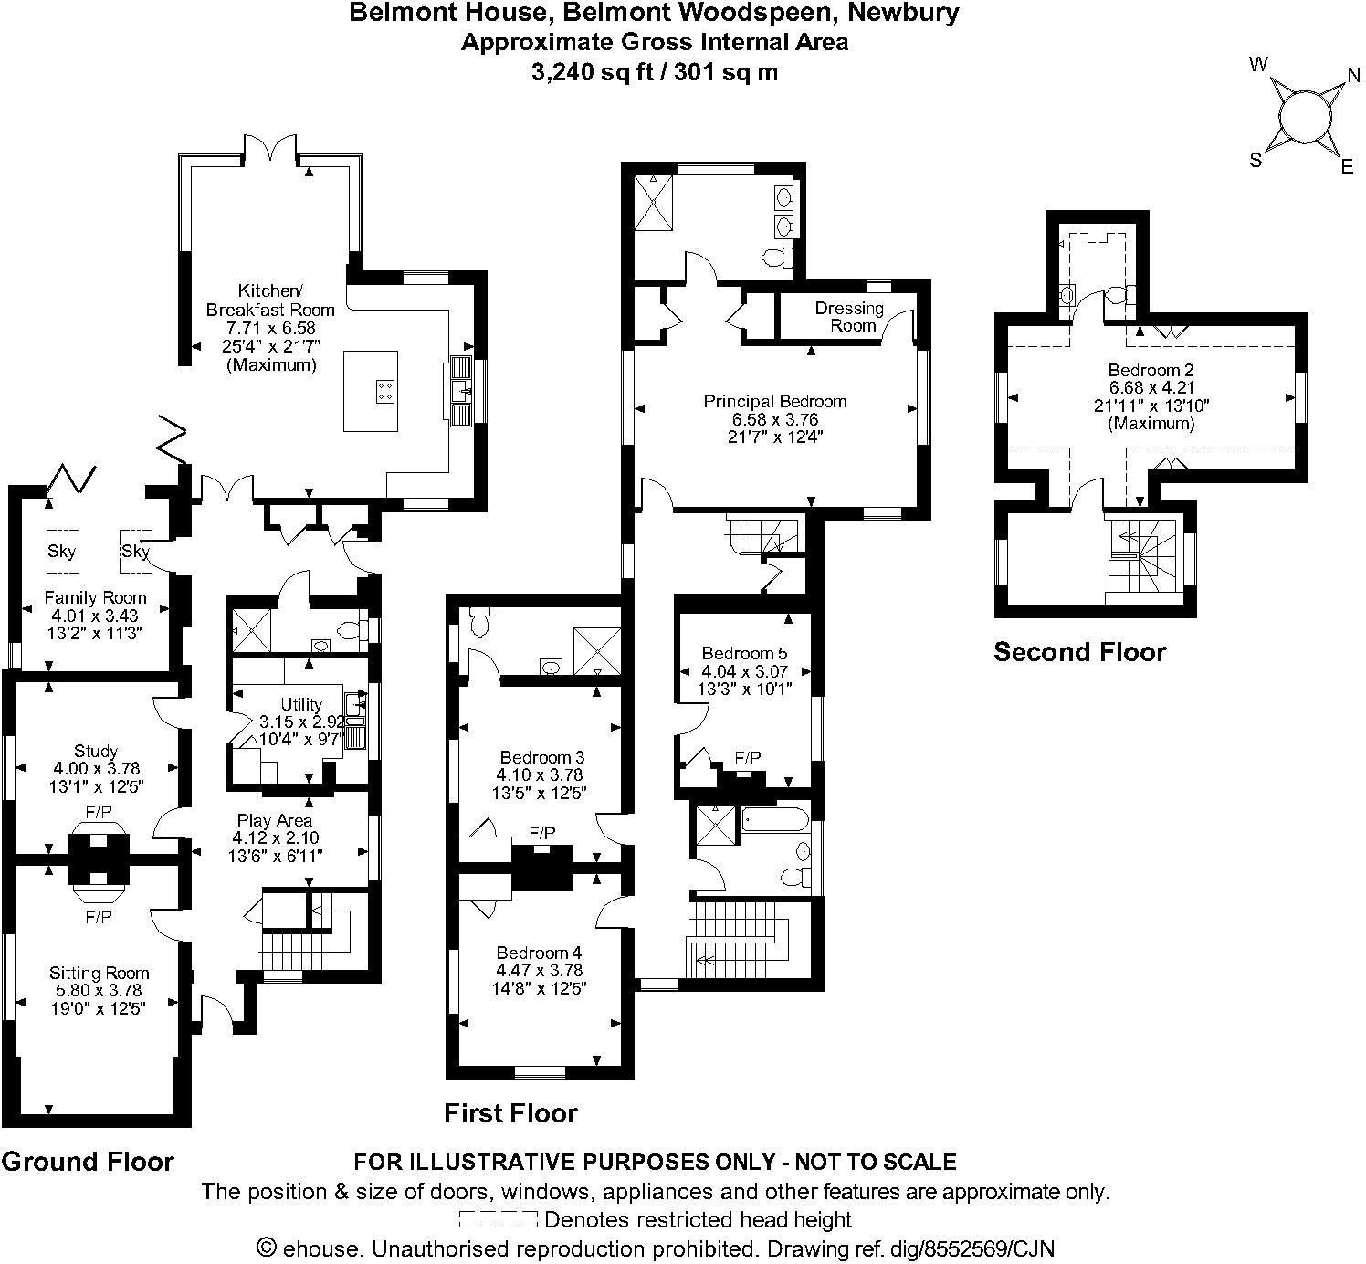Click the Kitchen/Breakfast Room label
click(x=270, y=300)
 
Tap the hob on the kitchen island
click(x=386, y=392)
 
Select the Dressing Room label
click(x=849, y=317)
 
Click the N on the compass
click(x=1353, y=75)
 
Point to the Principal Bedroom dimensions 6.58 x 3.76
click(x=775, y=419)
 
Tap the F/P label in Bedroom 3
click(x=542, y=833)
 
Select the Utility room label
click(x=301, y=704)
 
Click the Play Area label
click(x=275, y=820)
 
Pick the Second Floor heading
click(x=1080, y=651)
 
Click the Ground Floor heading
click(x=88, y=1161)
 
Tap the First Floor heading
click(x=510, y=1112)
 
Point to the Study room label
click(x=96, y=751)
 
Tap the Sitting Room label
click(x=99, y=973)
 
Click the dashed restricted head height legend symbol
click(x=498, y=1220)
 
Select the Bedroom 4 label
click(x=540, y=953)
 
